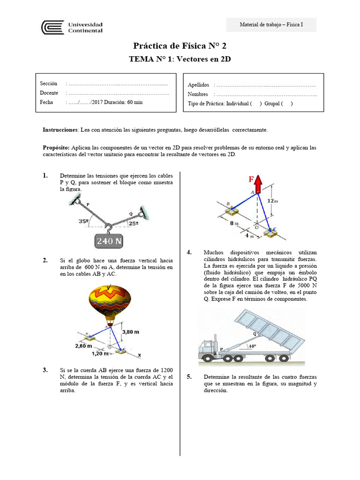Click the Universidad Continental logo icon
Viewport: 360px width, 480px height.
pyautogui.click(x=52, y=27)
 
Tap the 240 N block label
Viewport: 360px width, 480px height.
pyautogui.click(x=109, y=241)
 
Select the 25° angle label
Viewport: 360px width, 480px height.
pyautogui.click(x=134, y=224)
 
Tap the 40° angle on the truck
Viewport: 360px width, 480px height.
pyautogui.click(x=253, y=346)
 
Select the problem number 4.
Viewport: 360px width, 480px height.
pyautogui.click(x=189, y=253)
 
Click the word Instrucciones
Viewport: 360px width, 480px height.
pyautogui.click(x=60, y=129)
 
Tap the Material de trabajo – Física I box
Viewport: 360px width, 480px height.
pyautogui.click(x=271, y=24)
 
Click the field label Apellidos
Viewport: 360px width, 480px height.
pyautogui.click(x=198, y=85)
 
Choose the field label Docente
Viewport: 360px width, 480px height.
pyautogui.click(x=49, y=93)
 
